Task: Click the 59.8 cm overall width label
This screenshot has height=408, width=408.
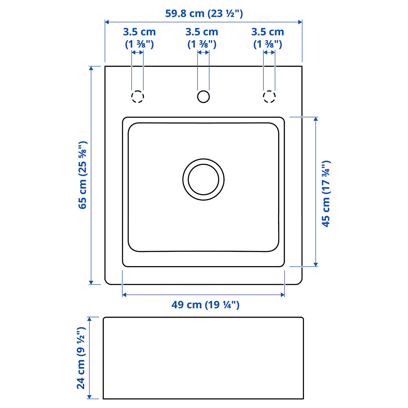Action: (x=204, y=13)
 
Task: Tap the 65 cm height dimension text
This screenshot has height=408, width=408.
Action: (x=82, y=175)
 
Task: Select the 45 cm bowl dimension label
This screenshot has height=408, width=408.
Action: (x=326, y=194)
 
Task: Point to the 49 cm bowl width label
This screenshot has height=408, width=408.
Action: (x=205, y=305)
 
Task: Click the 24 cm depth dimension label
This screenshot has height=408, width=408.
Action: (x=81, y=358)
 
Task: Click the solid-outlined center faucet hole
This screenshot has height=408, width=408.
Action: (x=203, y=96)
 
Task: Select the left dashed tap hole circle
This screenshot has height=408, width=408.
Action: (x=138, y=96)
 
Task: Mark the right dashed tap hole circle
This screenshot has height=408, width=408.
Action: (x=269, y=96)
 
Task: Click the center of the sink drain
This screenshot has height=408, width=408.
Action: (x=203, y=180)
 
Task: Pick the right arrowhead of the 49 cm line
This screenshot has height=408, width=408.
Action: (x=282, y=295)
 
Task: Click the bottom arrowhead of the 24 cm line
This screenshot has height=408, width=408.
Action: (x=89, y=397)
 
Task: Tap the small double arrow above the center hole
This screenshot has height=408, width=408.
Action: (x=203, y=52)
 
